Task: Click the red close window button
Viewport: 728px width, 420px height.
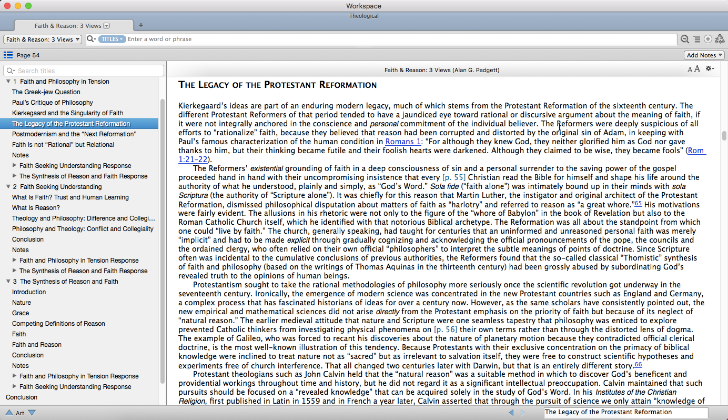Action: pos(7,6)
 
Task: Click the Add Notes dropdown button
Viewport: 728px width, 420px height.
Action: pos(704,55)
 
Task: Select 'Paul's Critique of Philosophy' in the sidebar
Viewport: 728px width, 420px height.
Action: pos(53,103)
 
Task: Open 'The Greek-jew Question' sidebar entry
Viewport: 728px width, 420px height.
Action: pos(46,92)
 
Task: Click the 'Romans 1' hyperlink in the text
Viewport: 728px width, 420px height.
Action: pos(403,142)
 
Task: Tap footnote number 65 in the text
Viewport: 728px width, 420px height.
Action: pos(638,204)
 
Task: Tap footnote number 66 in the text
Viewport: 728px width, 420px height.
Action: pos(638,365)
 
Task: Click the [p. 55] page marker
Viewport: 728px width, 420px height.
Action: pos(454,177)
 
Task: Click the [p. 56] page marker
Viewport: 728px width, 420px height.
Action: pos(445,329)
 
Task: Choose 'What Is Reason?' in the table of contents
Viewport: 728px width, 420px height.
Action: pos(36,208)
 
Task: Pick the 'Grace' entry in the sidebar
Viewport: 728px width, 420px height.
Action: pos(21,313)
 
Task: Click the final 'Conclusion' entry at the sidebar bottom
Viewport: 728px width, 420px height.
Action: pos(22,397)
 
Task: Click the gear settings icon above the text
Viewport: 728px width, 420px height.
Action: pos(710,69)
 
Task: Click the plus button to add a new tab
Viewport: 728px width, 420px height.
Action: pos(140,25)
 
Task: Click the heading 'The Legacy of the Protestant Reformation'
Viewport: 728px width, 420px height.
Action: pos(277,85)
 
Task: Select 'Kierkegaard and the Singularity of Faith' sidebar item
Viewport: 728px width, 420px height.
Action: pos(67,113)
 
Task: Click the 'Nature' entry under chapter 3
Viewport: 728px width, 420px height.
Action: pos(22,303)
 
